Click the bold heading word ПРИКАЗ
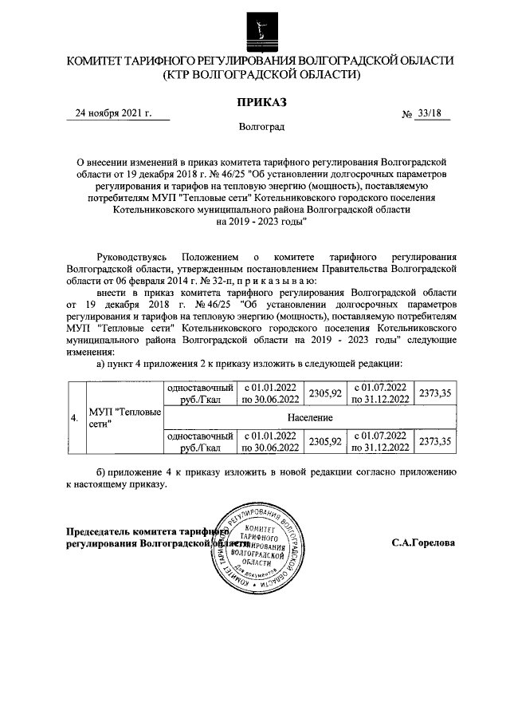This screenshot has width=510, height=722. coord(260,101)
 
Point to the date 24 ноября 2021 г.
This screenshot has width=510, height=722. coord(112,113)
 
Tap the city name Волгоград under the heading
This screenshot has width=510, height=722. coord(260,127)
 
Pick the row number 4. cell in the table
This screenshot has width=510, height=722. coord(74,418)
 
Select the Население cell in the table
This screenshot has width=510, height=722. coord(311,418)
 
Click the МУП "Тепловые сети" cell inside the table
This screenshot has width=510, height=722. coord(124,418)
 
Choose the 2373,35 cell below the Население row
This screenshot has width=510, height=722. coord(435,441)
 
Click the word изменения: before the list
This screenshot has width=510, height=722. coord(91,352)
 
